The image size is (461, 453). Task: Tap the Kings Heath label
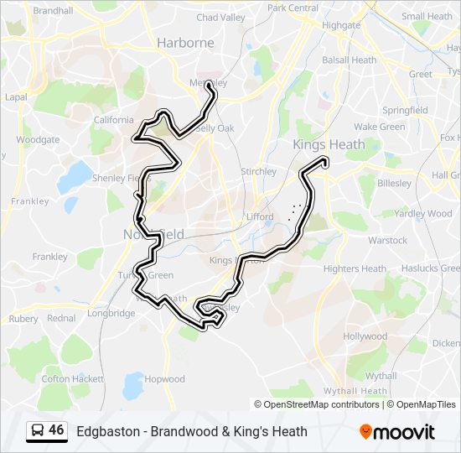tap(329, 144)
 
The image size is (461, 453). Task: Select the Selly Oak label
tap(214, 128)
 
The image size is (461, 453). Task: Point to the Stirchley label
tap(258, 171)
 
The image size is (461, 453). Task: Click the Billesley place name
tap(394, 183)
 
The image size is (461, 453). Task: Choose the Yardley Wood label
tap(422, 214)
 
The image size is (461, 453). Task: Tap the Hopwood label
tap(164, 379)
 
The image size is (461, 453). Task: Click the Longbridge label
tap(111, 313)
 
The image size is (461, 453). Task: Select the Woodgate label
tap(38, 140)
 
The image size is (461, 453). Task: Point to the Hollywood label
tap(365, 336)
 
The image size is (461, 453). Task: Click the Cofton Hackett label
tap(67, 379)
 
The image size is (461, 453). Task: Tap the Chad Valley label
tap(220, 17)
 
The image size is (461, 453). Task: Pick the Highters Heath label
tap(355, 268)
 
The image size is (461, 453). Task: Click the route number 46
tap(56, 430)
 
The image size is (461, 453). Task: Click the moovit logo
tap(397, 432)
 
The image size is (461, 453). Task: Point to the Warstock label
tap(387, 241)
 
